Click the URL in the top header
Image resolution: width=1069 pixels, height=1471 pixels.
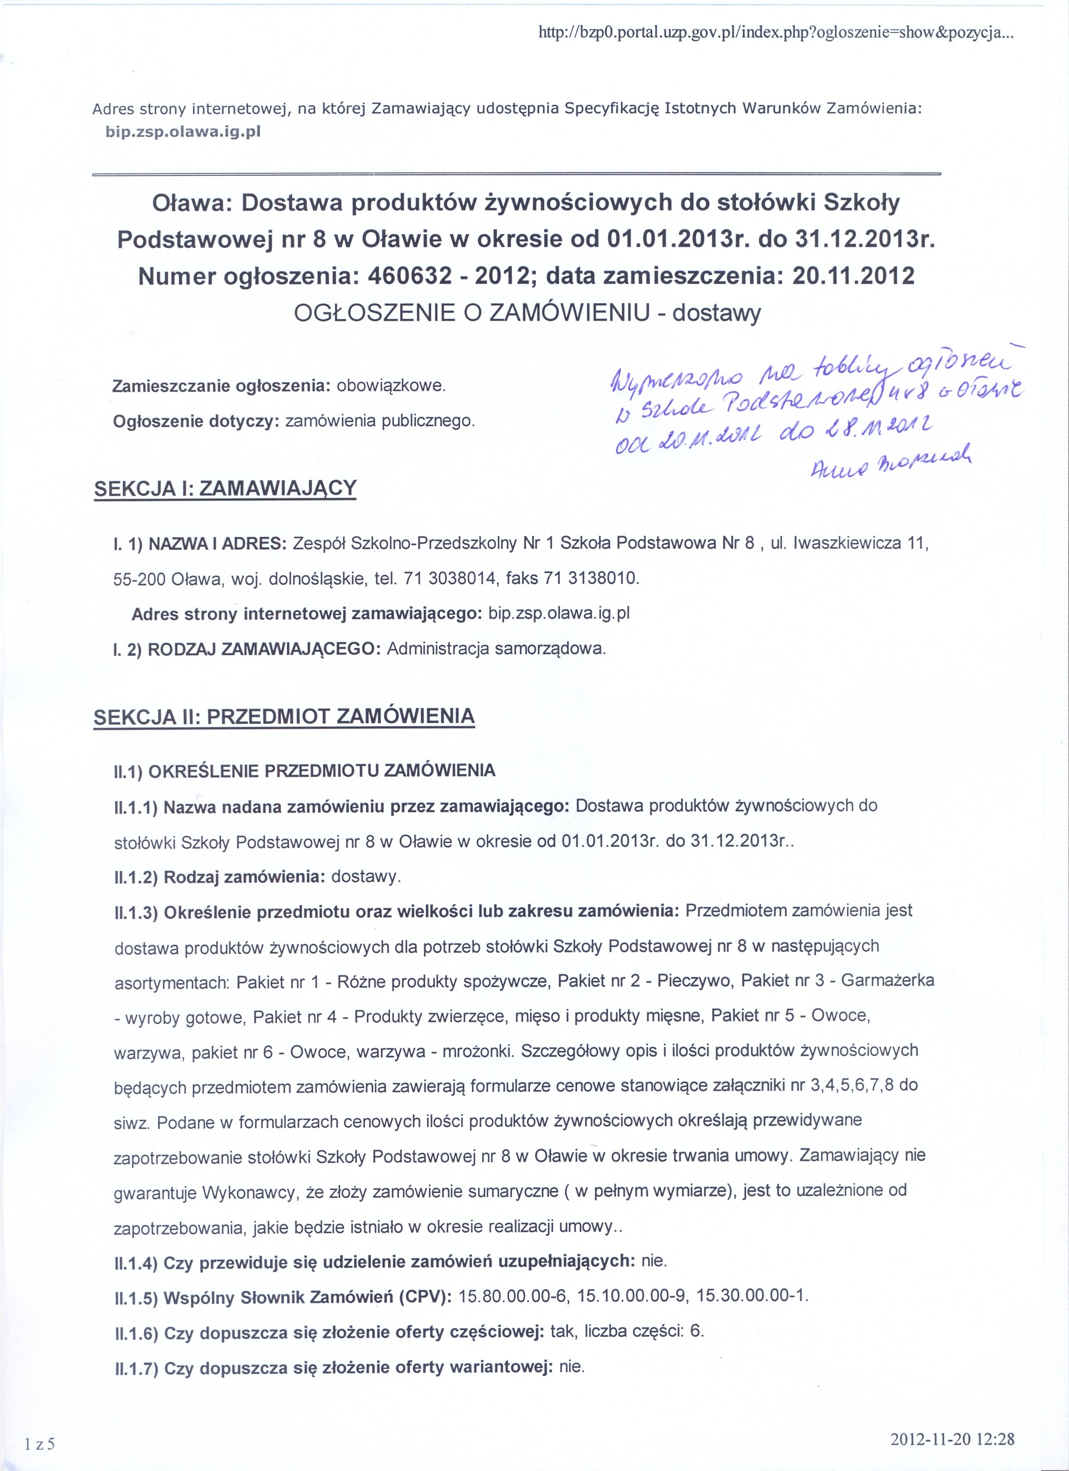[x=775, y=34]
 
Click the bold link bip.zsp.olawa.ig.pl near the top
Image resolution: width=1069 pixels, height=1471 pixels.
[x=182, y=132]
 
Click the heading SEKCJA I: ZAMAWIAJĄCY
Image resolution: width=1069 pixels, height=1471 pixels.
[x=225, y=488]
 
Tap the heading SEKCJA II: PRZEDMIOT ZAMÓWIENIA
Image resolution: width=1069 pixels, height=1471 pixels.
[x=284, y=716]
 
